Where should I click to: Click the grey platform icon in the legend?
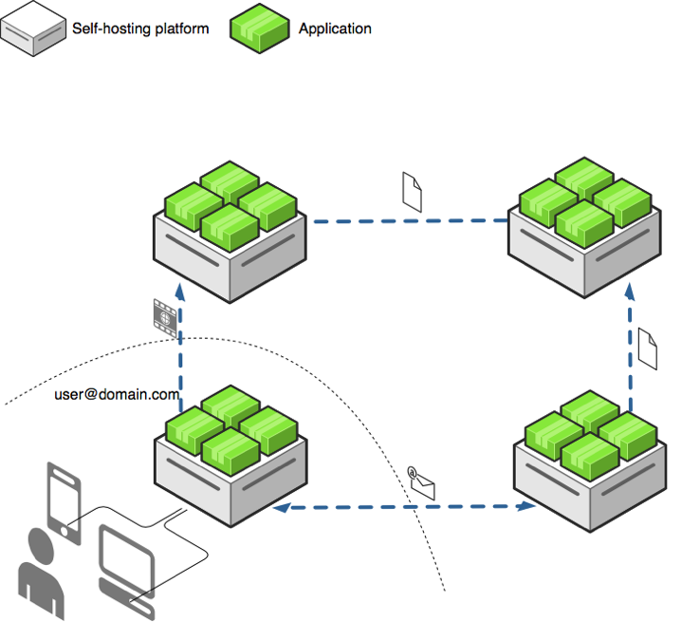33,28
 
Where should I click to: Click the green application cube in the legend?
259,28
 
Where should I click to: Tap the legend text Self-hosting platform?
140,28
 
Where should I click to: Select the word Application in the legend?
335,28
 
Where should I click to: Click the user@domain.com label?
117,394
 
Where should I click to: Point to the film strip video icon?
165,317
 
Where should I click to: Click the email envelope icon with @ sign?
421,482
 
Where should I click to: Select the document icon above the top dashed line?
412,192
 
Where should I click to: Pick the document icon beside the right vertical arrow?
648,349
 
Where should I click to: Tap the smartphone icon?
64,503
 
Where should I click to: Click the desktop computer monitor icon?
127,560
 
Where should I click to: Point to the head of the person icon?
41,545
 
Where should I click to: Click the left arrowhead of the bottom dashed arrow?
282,507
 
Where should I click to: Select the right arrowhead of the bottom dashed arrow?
525,506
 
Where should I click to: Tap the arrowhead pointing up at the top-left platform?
180,292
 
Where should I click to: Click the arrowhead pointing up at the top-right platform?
630,292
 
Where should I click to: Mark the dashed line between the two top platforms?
411,220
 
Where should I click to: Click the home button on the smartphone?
64,532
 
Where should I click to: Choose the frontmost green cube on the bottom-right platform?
590,457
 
